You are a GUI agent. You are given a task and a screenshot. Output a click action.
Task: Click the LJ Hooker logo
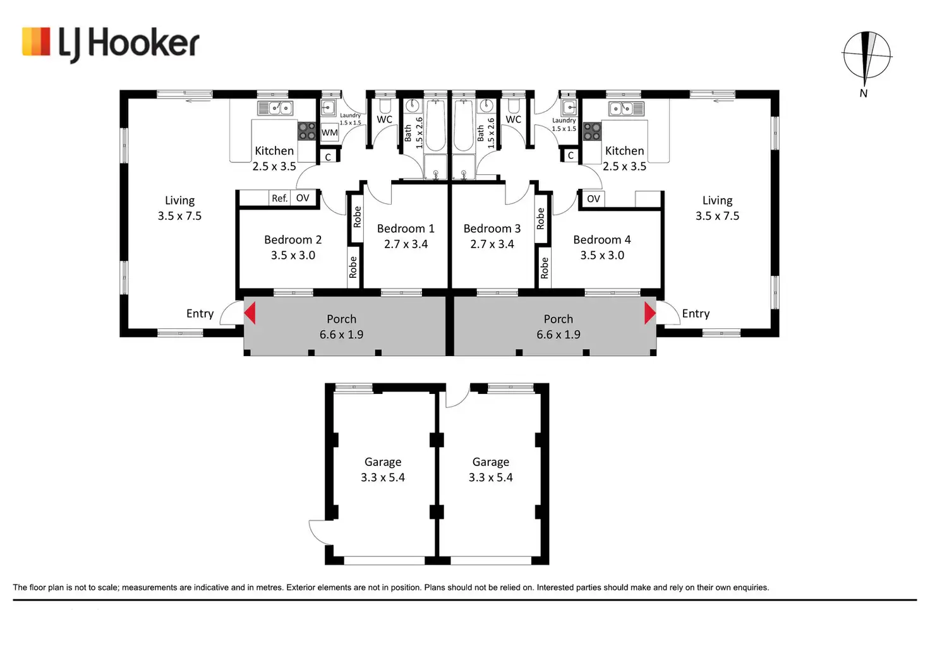[x=111, y=44]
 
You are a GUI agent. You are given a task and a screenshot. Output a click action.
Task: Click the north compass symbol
[x=867, y=57]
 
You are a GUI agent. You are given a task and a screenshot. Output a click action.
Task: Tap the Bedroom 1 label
[x=406, y=229]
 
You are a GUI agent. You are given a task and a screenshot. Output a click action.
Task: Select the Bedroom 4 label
[x=601, y=240]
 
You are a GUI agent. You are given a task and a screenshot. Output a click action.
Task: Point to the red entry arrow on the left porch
[x=250, y=313]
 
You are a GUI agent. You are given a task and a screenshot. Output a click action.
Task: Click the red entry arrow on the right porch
[x=649, y=313]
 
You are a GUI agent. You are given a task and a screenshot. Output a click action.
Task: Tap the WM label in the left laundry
[x=329, y=133]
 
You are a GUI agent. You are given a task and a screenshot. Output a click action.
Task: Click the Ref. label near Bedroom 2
[x=279, y=198]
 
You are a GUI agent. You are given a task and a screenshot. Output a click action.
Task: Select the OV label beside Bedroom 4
[x=593, y=199]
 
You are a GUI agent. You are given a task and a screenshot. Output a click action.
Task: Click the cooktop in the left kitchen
[x=307, y=131]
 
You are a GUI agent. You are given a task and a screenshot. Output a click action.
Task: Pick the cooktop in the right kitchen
[x=592, y=131]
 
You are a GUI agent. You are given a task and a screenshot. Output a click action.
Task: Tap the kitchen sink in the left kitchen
[x=275, y=109]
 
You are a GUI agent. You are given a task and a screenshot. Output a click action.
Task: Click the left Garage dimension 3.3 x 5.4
[x=383, y=478]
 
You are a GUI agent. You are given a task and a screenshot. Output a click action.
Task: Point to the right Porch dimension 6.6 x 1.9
[x=559, y=335]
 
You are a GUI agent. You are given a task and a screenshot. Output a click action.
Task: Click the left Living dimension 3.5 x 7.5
[x=179, y=216]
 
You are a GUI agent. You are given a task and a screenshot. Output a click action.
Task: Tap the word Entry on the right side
[x=696, y=314]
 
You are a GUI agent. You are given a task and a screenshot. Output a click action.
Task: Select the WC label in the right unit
[x=514, y=119]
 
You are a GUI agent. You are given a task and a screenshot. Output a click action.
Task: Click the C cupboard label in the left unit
[x=328, y=157]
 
